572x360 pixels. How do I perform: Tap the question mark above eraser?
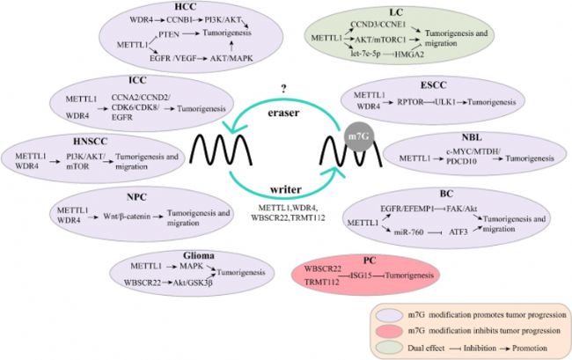283,89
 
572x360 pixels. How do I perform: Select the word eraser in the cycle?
283,113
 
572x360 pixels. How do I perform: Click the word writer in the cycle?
286,189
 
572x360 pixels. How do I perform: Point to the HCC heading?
186,7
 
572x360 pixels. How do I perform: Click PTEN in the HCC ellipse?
169,34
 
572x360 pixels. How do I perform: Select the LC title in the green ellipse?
396,12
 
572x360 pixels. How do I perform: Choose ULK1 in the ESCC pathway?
445,102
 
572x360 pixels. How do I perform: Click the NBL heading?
472,137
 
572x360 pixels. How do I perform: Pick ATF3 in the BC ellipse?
458,232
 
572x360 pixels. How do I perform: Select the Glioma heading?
199,255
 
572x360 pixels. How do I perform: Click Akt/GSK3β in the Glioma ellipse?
193,283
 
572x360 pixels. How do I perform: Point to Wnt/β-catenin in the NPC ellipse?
127,217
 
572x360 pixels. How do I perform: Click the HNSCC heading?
90,141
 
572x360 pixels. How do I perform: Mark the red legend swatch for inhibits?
390,331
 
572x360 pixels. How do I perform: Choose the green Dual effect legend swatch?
390,347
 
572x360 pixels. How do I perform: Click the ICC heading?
137,80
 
